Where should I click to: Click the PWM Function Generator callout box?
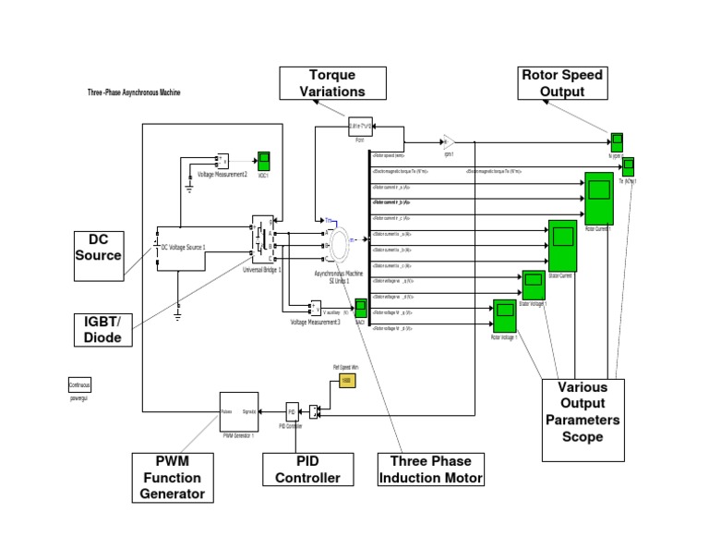[x=172, y=477]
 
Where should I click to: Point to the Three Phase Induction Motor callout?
[x=431, y=470]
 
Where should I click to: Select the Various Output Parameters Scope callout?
[x=583, y=410]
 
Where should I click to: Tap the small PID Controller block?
[x=291, y=410]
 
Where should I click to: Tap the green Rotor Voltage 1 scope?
[x=504, y=317]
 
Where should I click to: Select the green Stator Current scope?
[x=561, y=246]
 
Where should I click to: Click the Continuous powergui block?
[x=79, y=385]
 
